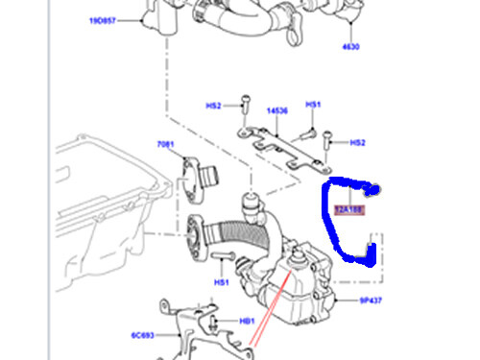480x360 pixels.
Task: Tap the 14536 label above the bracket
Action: (x=276, y=111)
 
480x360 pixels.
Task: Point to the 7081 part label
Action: (x=166, y=145)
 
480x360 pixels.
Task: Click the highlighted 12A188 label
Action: (x=349, y=207)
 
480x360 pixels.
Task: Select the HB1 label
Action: (x=247, y=322)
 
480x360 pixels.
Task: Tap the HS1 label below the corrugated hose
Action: (x=221, y=282)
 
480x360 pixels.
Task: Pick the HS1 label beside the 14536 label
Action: (x=313, y=105)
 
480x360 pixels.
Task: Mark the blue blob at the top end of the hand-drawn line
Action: (x=377, y=190)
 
